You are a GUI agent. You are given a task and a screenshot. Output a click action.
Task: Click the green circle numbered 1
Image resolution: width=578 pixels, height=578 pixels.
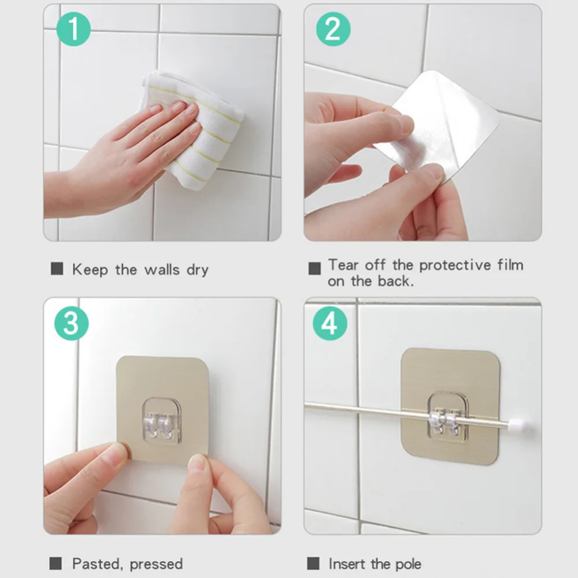(73, 29)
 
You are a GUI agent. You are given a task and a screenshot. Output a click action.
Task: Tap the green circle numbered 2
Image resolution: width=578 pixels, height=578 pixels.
(334, 29)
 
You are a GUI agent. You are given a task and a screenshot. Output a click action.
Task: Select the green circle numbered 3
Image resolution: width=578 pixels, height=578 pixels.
(72, 323)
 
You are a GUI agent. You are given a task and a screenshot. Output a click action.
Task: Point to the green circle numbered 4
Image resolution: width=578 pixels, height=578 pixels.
(330, 323)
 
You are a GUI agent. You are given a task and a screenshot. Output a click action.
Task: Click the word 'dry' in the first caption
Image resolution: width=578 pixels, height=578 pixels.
(198, 270)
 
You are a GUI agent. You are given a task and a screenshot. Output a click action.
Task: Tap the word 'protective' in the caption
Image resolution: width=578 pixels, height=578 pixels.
(455, 265)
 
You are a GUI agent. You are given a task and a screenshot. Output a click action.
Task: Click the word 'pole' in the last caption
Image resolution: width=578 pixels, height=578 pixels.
(408, 564)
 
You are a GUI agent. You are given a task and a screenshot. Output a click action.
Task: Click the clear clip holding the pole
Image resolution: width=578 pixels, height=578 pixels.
(448, 417)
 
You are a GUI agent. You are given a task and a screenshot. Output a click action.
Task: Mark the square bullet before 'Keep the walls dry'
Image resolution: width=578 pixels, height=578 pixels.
(57, 268)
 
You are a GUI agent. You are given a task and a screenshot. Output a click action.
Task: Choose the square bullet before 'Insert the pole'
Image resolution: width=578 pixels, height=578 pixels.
(313, 563)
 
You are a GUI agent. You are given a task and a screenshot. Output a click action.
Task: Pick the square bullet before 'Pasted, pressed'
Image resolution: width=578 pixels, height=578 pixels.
(55, 563)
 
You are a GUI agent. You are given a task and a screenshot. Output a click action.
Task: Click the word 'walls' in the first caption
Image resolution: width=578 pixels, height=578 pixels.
(162, 269)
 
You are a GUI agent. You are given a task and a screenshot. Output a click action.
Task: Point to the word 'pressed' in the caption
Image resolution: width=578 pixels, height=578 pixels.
(156, 565)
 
